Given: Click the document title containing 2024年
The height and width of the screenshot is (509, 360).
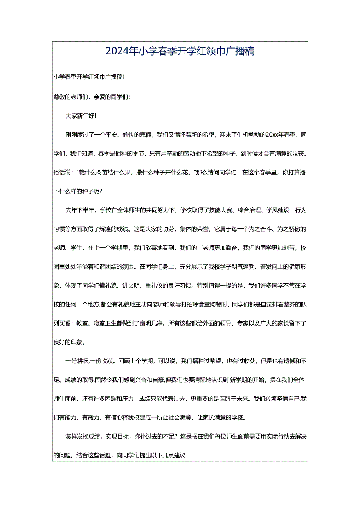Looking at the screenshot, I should pyautogui.click(x=180, y=51).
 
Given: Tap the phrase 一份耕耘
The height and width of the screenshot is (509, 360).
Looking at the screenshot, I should pyautogui.click(x=77, y=362).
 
